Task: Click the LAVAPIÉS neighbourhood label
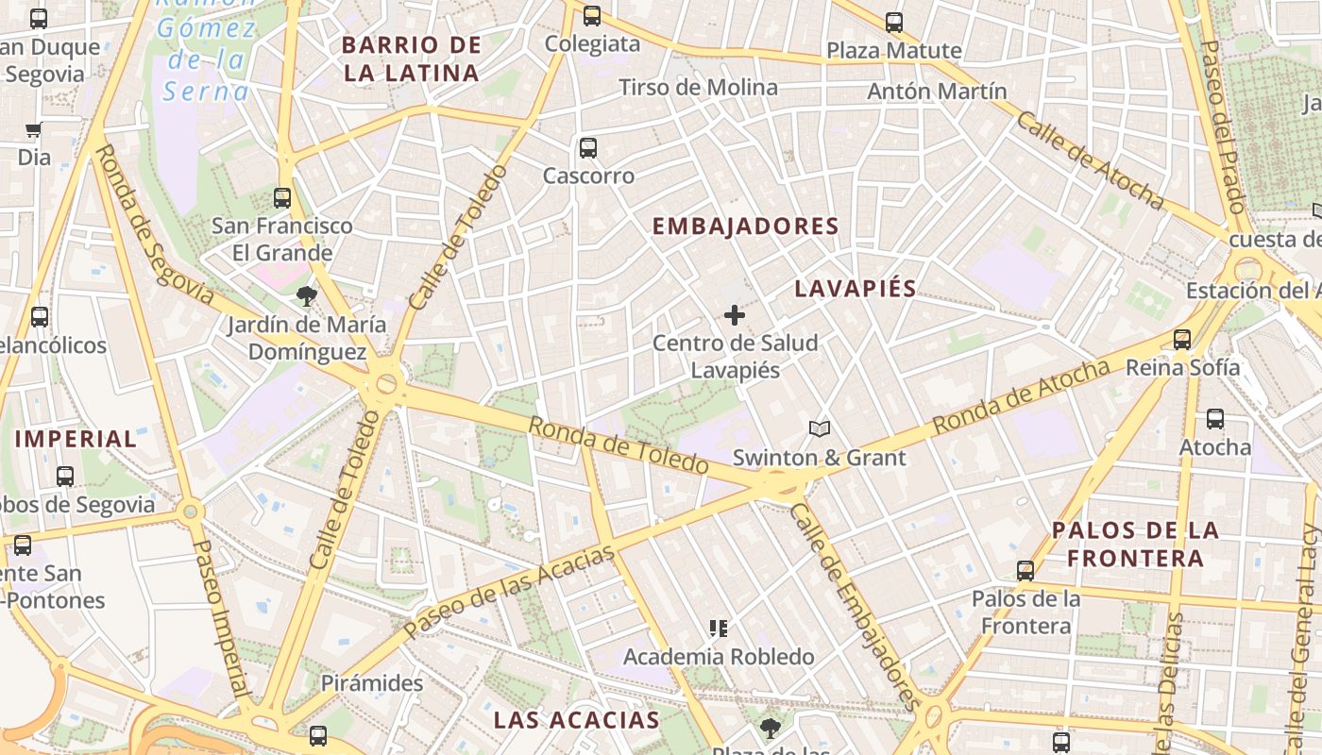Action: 855,289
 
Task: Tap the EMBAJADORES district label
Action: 746,226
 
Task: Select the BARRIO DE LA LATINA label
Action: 412,59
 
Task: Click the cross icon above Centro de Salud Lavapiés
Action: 735,315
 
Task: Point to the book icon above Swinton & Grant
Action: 820,429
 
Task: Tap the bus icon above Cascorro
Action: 588,148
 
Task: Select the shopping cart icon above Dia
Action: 34,130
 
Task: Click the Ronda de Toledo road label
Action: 618,445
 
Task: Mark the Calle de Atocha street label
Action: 1091,160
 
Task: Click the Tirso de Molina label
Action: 699,88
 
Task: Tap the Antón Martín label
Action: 937,92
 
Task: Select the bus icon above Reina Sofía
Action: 1182,340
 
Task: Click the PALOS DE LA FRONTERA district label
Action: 1135,544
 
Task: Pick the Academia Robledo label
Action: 719,657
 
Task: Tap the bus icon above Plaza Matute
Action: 894,23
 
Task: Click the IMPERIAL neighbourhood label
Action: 76,439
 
